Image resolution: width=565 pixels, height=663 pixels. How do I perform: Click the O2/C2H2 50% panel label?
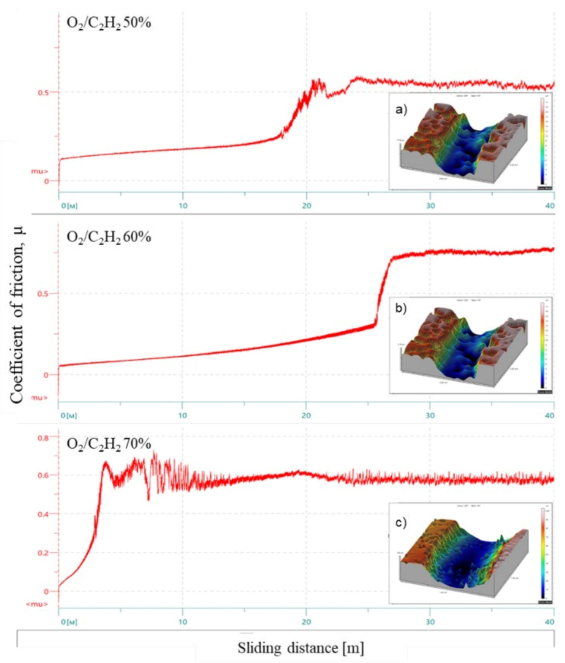click(109, 23)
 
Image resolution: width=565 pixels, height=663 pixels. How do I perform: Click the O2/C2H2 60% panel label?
click(109, 237)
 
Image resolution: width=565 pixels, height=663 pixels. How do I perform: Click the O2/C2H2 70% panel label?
click(109, 444)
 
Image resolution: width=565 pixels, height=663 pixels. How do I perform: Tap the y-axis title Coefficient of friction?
click(16, 314)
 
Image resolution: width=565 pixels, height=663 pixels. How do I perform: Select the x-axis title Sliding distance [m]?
click(301, 648)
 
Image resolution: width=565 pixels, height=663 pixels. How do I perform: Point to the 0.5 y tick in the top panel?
click(43, 92)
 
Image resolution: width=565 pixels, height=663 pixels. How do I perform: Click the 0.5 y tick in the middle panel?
click(43, 293)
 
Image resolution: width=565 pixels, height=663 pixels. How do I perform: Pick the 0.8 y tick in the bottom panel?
click(43, 438)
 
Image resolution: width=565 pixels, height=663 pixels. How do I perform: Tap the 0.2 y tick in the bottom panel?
click(43, 553)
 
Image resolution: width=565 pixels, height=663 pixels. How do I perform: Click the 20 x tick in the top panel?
click(306, 206)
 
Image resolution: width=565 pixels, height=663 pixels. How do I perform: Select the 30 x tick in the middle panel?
click(430, 416)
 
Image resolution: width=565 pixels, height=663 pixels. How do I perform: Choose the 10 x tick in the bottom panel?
click(183, 622)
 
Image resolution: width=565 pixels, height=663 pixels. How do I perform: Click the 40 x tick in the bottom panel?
click(550, 622)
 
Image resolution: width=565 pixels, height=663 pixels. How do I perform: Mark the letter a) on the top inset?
click(401, 109)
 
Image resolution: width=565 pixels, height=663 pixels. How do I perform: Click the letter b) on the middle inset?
click(401, 308)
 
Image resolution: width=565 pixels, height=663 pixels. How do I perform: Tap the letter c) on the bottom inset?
click(401, 522)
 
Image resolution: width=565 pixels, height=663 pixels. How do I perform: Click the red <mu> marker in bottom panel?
click(37, 604)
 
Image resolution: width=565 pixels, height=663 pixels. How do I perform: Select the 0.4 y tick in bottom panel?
click(43, 514)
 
